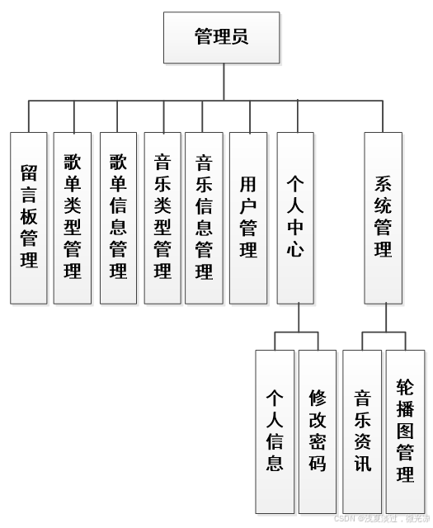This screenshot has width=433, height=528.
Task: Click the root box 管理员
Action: click(x=221, y=37)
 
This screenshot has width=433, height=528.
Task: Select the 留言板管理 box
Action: click(x=29, y=217)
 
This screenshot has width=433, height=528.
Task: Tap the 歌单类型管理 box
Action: click(x=73, y=217)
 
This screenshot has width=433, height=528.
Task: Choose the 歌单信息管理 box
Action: click(x=118, y=217)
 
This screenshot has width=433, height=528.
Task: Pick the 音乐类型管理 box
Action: click(x=162, y=217)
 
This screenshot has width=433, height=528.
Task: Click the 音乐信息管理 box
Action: click(x=204, y=217)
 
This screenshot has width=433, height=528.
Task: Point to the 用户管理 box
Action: click(x=247, y=217)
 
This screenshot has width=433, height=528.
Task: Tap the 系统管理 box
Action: click(x=383, y=217)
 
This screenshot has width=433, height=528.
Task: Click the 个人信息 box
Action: click(x=275, y=430)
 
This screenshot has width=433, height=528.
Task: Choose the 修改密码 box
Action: click(x=318, y=430)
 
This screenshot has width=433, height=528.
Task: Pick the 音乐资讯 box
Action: click(x=362, y=430)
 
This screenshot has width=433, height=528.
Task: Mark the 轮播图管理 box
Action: click(x=405, y=430)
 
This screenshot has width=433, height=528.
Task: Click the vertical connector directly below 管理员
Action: click(x=222, y=82)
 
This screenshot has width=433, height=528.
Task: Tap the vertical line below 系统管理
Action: click(x=383, y=317)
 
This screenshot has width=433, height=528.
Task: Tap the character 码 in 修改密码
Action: click(x=318, y=463)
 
